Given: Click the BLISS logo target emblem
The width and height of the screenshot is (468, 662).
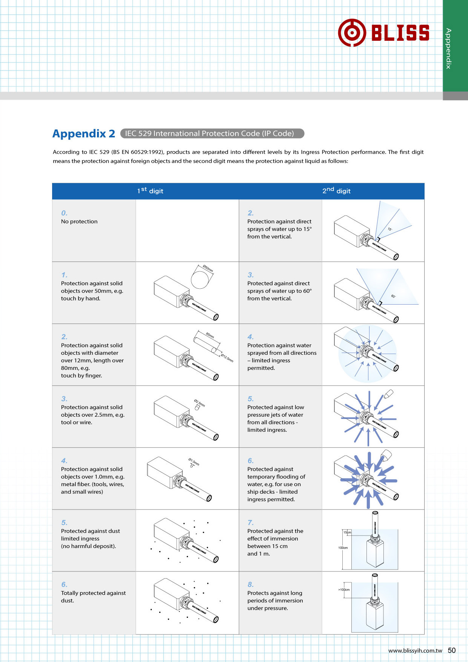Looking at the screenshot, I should coord(352,33).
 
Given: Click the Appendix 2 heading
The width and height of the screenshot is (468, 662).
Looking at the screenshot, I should coord(84,134).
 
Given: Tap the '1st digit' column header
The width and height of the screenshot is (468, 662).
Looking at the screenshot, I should coord(150,191).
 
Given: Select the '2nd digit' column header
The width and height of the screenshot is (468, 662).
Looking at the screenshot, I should coord(336,191).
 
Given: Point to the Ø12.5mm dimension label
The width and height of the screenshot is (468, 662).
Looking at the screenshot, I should coord(227,357).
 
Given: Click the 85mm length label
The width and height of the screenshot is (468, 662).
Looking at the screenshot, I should coord(210,336).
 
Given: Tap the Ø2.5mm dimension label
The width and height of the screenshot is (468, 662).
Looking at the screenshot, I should coord(200,403).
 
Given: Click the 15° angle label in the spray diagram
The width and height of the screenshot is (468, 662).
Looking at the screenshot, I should coord(390,229).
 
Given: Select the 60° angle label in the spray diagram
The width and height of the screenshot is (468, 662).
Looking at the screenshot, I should coord(393,296).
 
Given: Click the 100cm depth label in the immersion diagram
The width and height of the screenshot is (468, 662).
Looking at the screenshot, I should coord(343,548).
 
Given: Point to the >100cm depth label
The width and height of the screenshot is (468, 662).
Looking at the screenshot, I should coord(343,590).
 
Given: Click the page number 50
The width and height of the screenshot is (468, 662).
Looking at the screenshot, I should coord(452,650).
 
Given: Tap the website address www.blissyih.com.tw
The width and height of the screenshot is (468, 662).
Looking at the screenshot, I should coord(415,651).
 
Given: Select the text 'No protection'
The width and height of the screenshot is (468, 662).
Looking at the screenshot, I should coord(79,222).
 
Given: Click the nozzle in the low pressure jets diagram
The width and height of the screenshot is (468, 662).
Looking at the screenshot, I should coord(388,394).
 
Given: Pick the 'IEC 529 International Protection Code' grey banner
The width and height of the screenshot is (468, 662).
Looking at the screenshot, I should coord(212,134).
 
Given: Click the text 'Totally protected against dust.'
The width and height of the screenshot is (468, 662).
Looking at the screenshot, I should coord(93,597).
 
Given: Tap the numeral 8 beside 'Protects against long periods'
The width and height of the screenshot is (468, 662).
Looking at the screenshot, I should coord(251,585).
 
